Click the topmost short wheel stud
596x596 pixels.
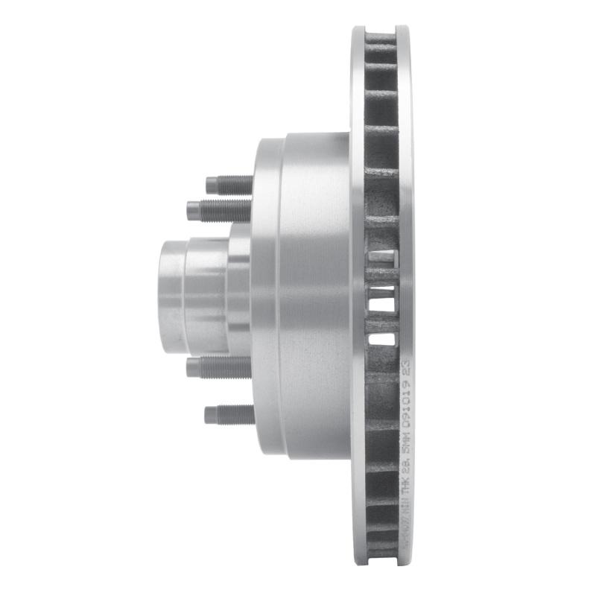point(229,183)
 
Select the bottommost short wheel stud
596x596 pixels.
point(229,413)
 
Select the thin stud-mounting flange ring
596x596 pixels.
point(265,298)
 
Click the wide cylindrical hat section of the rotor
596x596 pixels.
point(317,298)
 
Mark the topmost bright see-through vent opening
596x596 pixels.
point(381,257)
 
